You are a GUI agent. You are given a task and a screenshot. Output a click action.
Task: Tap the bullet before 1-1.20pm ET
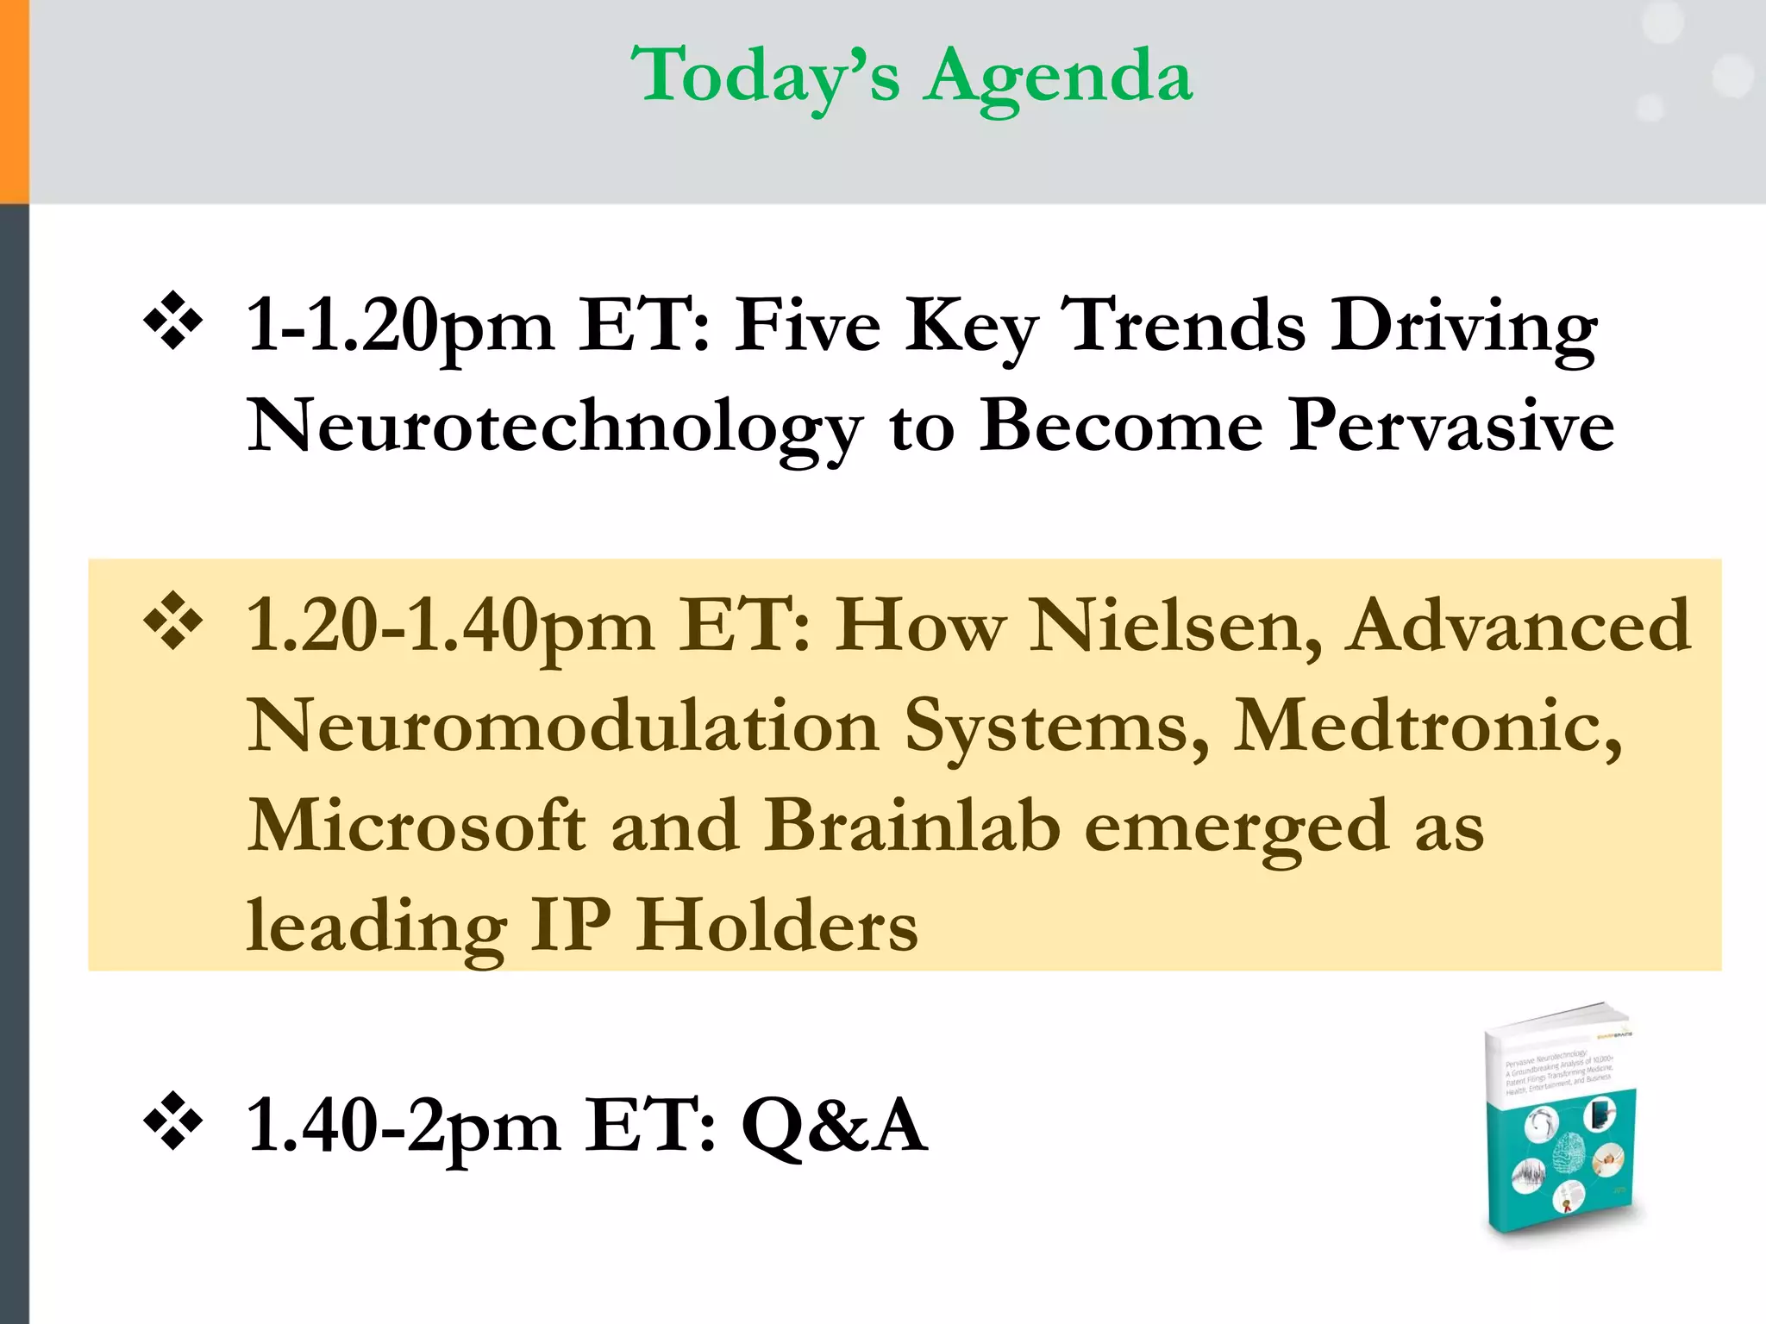tap(173, 322)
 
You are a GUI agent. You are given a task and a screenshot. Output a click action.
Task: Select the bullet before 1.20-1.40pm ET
tap(173, 621)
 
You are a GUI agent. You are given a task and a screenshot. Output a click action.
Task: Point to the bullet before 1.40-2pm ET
tap(173, 1121)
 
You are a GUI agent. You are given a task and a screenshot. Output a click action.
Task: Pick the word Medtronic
tap(1427, 726)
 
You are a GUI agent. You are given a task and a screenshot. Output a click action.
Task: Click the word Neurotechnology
tap(554, 427)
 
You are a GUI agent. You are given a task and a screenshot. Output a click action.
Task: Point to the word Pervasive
tap(1450, 425)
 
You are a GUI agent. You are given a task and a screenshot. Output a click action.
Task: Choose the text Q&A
tap(835, 1125)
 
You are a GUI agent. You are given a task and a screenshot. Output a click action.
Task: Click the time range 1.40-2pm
tap(404, 1127)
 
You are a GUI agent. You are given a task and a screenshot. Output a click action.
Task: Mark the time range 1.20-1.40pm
tap(450, 628)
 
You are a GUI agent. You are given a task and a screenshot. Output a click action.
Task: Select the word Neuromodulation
tap(563, 726)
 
